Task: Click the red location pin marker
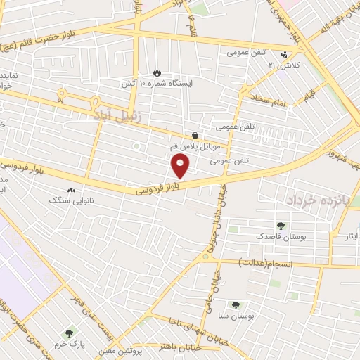pos(181,167)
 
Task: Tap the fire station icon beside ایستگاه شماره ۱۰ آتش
pos(157,72)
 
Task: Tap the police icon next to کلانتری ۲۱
pos(284,54)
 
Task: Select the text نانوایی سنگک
pos(70,200)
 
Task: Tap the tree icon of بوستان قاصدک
pos(281,226)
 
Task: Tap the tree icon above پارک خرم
pos(69,333)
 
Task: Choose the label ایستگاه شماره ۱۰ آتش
pos(175,82)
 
